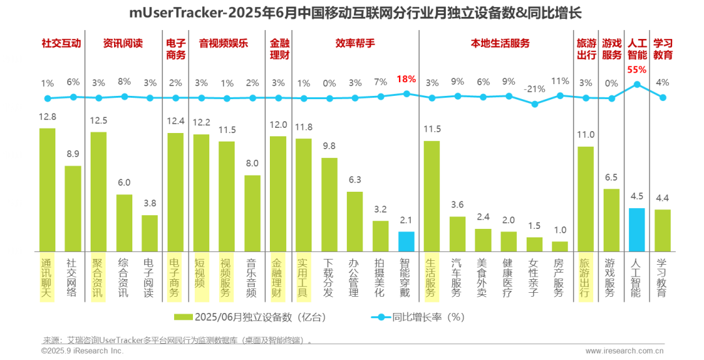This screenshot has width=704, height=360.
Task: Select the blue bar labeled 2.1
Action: (x=406, y=241)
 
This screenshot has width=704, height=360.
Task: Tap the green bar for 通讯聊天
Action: (x=47, y=189)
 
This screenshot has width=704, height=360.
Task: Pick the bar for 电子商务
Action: (x=175, y=192)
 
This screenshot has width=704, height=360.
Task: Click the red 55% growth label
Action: (x=636, y=69)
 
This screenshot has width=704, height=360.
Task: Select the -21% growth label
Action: (x=535, y=89)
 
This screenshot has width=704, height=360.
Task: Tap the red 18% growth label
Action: (x=406, y=79)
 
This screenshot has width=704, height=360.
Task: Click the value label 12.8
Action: (x=47, y=117)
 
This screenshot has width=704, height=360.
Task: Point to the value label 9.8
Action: (x=329, y=146)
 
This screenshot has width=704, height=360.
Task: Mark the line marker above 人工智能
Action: (x=636, y=83)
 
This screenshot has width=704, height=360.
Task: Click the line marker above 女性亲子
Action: (x=535, y=104)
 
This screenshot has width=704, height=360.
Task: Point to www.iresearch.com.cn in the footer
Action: (x=624, y=351)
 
